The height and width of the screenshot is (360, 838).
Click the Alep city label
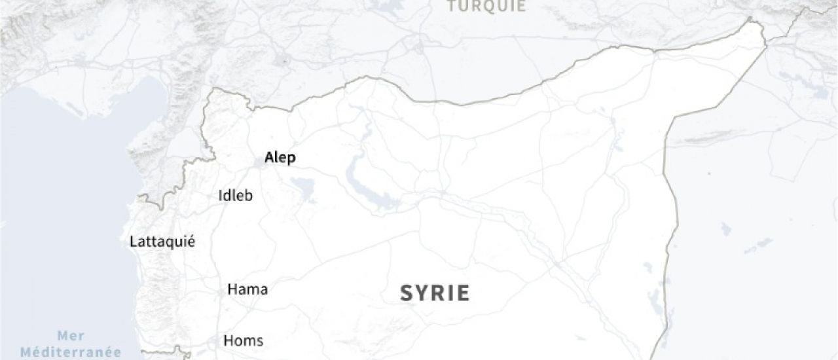[280, 158]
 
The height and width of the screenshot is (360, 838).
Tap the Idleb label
[236, 196]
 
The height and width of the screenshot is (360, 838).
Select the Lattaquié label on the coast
[162, 242]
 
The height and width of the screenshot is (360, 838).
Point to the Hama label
[247, 289]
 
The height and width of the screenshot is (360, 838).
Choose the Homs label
[243, 340]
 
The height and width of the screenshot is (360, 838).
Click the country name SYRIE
[435, 293]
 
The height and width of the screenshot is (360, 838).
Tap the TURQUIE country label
[486, 7]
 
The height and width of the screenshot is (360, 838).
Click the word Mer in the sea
[71, 336]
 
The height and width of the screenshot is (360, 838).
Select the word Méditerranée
[71, 352]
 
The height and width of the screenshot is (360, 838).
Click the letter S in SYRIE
[406, 293]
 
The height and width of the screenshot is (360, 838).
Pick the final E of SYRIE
[464, 293]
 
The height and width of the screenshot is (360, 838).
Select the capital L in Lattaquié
[134, 242]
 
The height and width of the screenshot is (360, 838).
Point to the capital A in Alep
[268, 158]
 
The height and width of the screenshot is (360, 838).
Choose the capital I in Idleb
[220, 196]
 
